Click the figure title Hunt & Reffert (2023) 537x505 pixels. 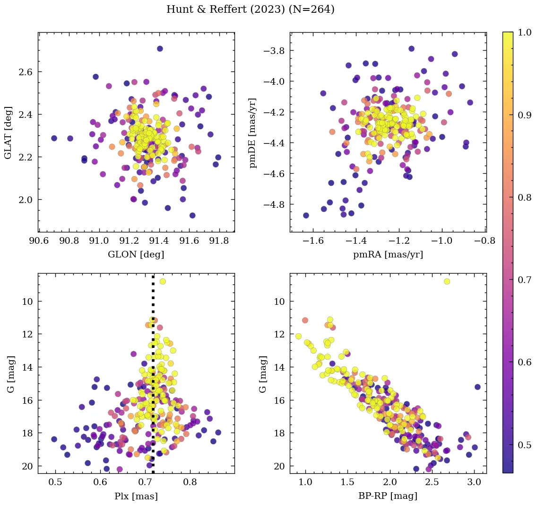[x=251, y=9]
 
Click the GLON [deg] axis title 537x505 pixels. [x=136, y=255]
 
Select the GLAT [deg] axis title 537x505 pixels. [x=8, y=132]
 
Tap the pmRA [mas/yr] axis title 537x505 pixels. [x=388, y=255]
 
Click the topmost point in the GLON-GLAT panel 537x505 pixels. [x=160, y=49]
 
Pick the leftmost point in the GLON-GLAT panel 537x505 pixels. [x=54, y=138]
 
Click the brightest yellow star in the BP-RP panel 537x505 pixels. [x=447, y=282]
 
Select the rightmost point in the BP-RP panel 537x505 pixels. [x=477, y=387]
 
